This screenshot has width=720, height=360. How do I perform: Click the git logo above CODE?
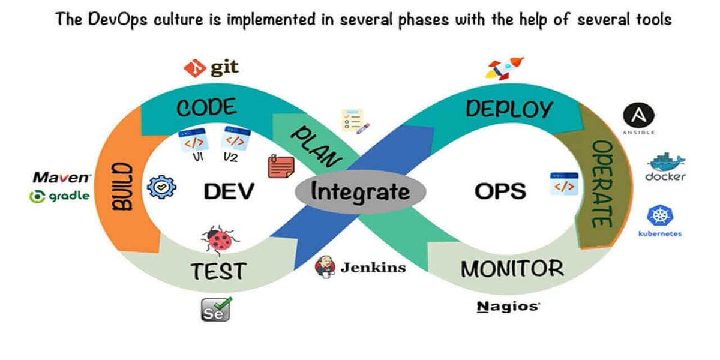click(x=211, y=68)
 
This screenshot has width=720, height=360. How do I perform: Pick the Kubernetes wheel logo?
click(x=659, y=216)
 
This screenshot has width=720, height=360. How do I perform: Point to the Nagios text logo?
click(x=508, y=307)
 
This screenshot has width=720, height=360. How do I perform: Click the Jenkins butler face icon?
click(x=325, y=266)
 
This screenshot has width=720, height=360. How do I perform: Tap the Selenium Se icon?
click(x=215, y=310)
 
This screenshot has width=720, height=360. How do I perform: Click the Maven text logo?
click(x=61, y=178)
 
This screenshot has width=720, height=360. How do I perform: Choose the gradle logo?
click(x=60, y=196)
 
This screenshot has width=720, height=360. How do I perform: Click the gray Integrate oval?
click(x=360, y=192)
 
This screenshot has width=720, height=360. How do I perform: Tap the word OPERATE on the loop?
click(x=601, y=184)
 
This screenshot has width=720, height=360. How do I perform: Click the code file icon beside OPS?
click(x=564, y=184)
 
